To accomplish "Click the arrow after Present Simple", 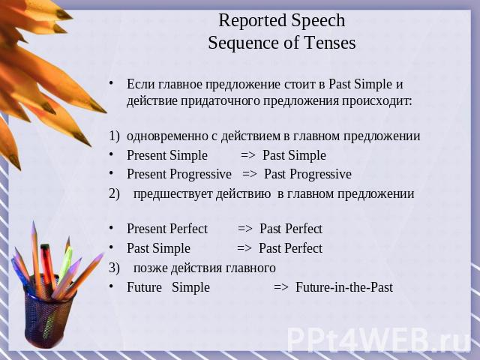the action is point(248,155).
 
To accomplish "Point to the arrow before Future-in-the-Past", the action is point(281,287).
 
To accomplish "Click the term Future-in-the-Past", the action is point(344,287).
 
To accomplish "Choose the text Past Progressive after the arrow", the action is point(307,174).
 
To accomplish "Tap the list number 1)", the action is point(114,136).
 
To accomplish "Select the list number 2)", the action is point(114,193).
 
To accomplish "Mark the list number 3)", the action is point(114,268).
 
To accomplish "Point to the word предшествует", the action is point(172,194).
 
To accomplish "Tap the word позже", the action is point(150,268).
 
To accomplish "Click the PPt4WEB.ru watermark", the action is point(379,339).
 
